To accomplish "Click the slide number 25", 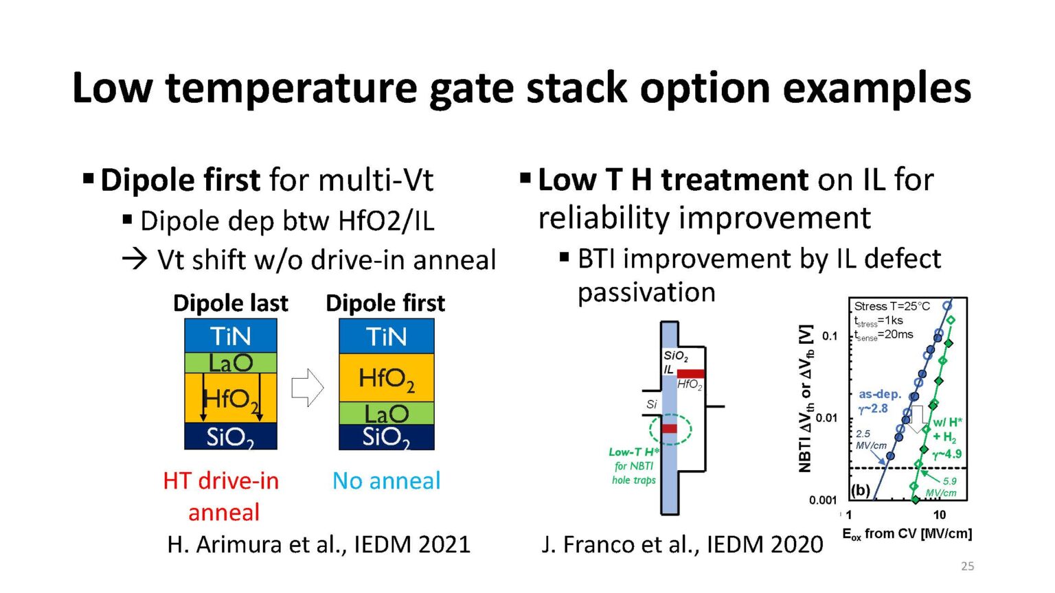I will click(967, 566).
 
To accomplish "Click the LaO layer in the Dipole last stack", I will click(231, 363).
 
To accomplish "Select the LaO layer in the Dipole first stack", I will click(387, 413).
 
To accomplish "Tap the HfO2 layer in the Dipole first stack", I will click(387, 378).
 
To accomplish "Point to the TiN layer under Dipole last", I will click(231, 336).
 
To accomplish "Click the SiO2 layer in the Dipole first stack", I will click(387, 437).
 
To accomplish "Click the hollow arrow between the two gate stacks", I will click(307, 388).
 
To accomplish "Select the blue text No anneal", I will click(386, 480).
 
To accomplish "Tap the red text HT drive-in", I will click(221, 480).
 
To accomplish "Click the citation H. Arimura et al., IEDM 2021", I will click(319, 544).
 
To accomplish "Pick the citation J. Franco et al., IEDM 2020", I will click(682, 544).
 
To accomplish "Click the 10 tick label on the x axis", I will click(939, 515).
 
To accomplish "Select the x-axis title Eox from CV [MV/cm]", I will click(907, 534).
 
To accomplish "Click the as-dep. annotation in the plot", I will click(879, 395).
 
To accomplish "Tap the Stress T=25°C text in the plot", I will click(892, 306).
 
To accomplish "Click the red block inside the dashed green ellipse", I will click(669, 429).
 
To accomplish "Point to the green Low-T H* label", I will click(633, 452).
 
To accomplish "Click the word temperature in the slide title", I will click(291, 88).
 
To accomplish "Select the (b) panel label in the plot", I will click(860, 490).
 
